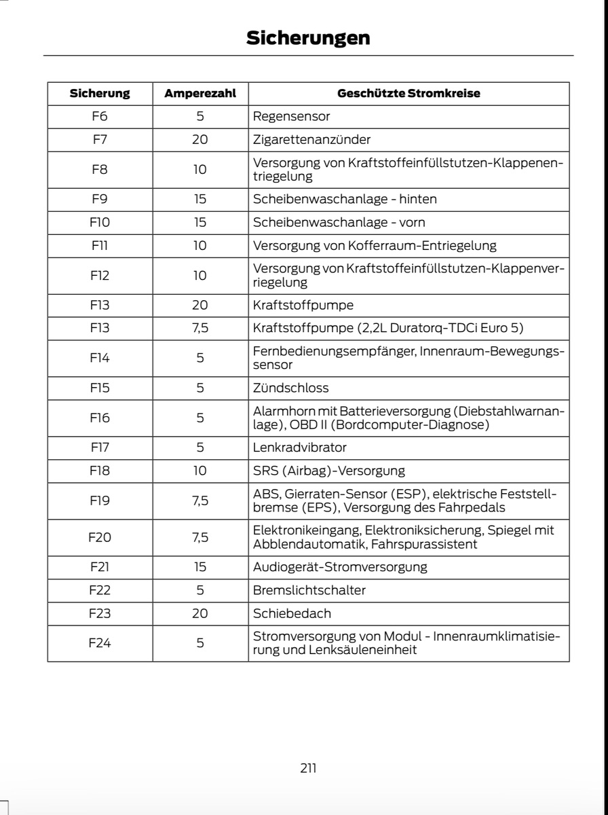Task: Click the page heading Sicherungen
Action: click(307, 37)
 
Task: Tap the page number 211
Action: click(307, 768)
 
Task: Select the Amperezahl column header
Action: click(200, 94)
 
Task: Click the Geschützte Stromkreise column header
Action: click(408, 94)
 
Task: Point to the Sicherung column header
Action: click(100, 94)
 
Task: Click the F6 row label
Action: click(100, 116)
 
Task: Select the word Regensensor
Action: click(291, 116)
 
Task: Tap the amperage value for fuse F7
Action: click(200, 139)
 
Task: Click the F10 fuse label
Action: click(100, 222)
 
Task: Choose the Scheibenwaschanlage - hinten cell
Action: click(345, 199)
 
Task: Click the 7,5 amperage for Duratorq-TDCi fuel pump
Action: click(200, 328)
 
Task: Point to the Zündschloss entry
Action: click(290, 388)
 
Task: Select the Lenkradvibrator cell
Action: click(299, 448)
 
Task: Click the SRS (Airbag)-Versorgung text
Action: click(328, 471)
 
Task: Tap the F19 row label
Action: click(100, 501)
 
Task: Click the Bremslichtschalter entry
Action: click(309, 590)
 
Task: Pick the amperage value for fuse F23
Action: click(200, 613)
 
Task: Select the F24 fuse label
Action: click(100, 643)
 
